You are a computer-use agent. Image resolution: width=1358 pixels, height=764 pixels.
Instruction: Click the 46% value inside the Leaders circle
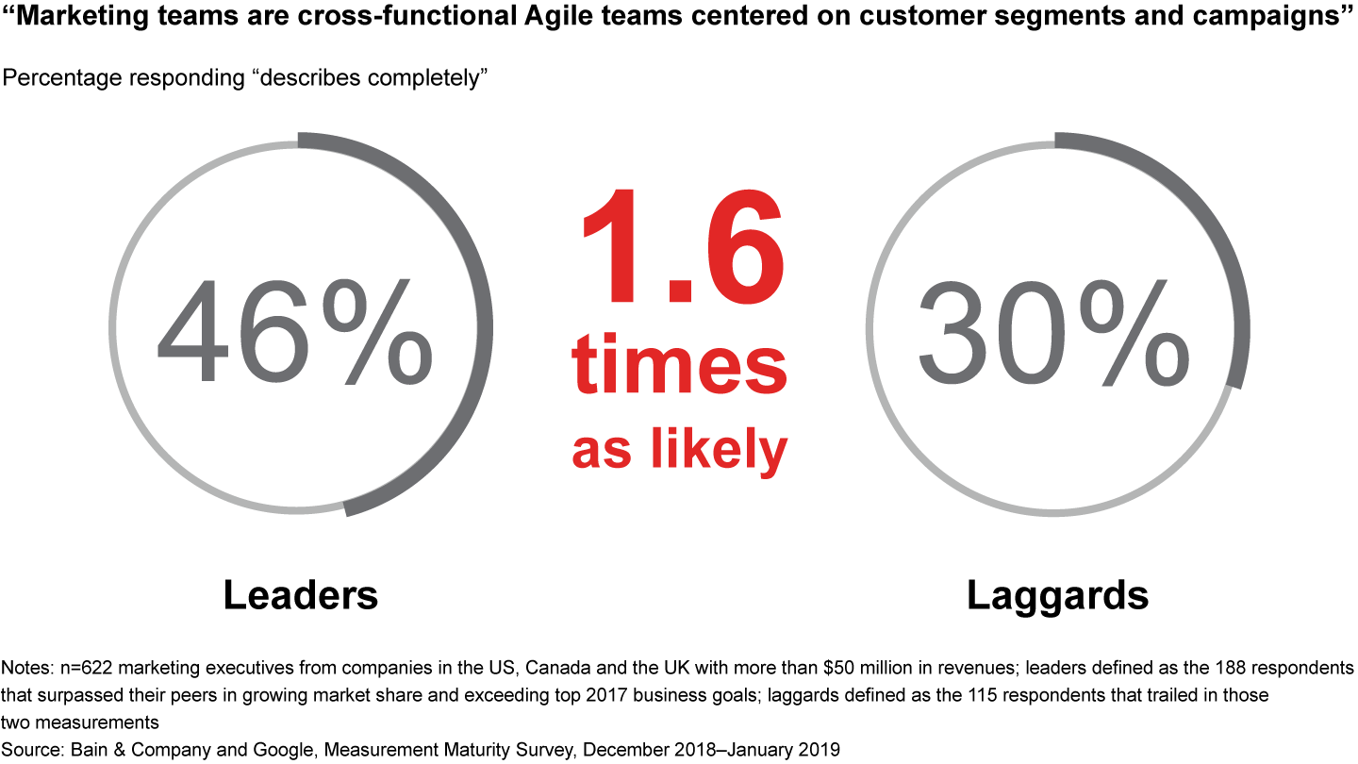pyautogui.click(x=295, y=331)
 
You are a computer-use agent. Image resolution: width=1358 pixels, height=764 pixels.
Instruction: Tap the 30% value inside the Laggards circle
pyautogui.click(x=1054, y=332)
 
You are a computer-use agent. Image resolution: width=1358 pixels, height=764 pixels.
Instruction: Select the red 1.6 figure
pyautogui.click(x=683, y=246)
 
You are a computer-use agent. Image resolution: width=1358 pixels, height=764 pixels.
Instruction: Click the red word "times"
pyautogui.click(x=679, y=365)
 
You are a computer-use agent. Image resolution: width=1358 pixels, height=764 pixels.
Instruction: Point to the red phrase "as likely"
pyautogui.click(x=680, y=451)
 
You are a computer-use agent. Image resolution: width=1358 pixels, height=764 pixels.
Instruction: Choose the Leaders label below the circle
pyautogui.click(x=301, y=595)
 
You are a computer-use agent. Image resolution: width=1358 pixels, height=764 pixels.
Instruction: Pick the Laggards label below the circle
pyautogui.click(x=1058, y=597)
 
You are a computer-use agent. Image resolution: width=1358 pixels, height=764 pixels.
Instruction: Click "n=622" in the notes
pyautogui.click(x=86, y=668)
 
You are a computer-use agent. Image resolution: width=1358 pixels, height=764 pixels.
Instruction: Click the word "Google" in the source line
pyautogui.click(x=285, y=750)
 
